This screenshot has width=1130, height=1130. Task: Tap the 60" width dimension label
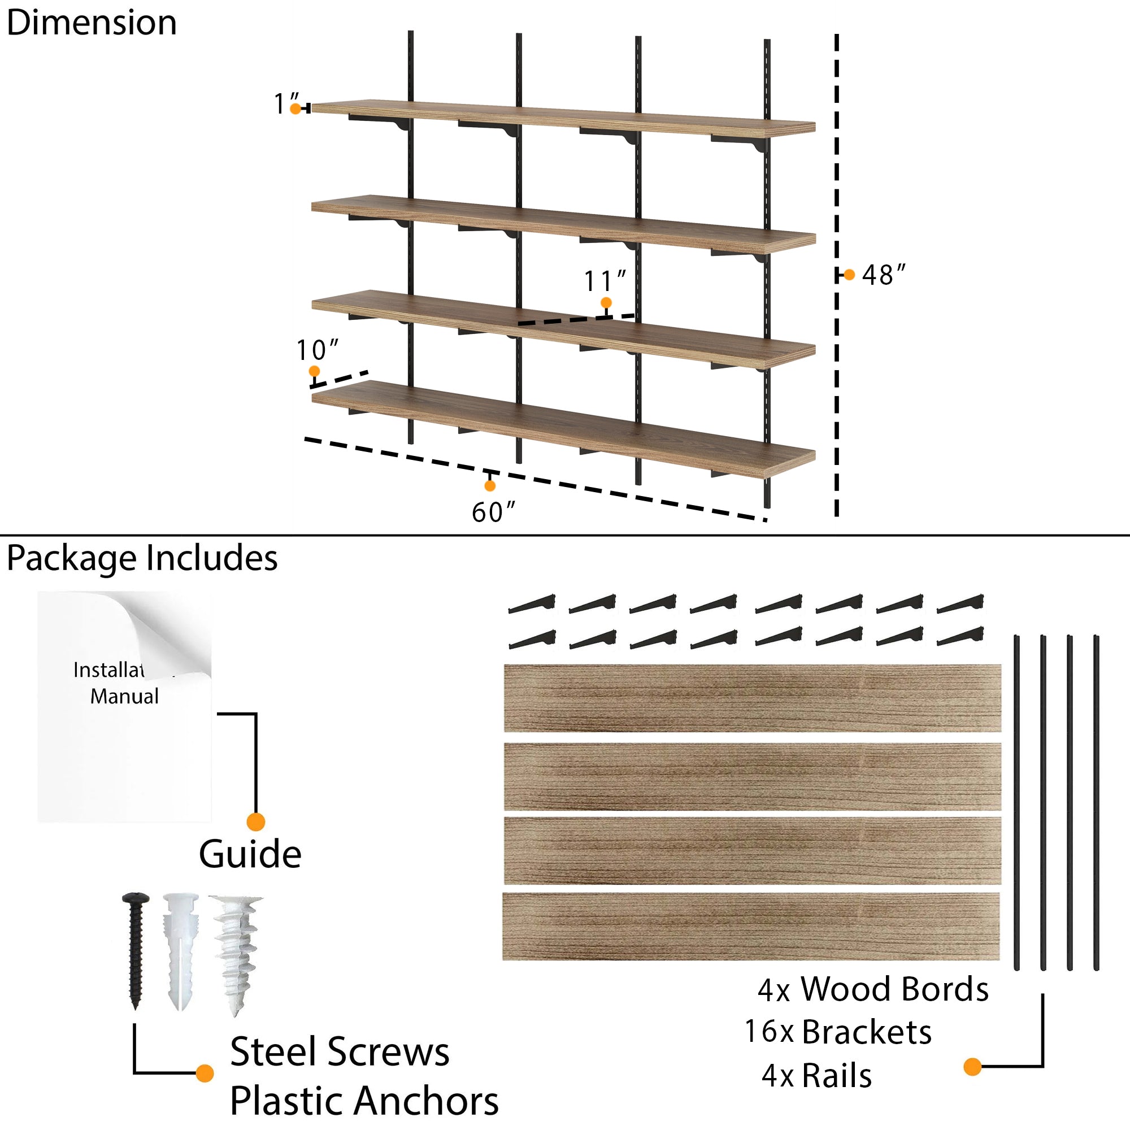coord(493,512)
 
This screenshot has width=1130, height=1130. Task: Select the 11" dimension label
coord(605,281)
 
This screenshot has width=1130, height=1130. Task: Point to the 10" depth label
coord(316,350)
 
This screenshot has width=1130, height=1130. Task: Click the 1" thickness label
coord(286,103)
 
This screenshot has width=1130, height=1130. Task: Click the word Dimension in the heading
coord(92,23)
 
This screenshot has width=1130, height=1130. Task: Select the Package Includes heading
coord(142,558)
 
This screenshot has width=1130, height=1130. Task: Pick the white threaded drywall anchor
coord(236,953)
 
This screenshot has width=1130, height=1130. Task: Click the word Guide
coord(250,854)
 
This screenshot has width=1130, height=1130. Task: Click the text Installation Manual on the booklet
coord(123,683)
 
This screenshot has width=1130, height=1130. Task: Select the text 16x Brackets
coord(837,1032)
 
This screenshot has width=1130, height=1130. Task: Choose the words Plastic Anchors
coord(364,1101)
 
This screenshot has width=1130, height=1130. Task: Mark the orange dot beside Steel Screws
coord(205,1073)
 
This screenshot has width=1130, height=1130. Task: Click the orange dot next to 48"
coord(849,275)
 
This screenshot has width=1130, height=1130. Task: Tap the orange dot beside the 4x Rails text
coord(972,1067)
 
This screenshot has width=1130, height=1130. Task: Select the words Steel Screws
coord(340,1052)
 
